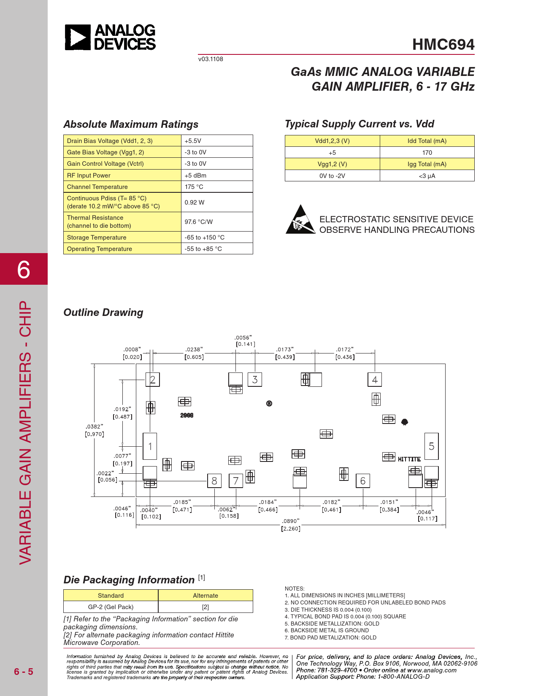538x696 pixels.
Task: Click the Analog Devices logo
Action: [x=110, y=37]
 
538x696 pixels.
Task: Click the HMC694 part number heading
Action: [x=443, y=45]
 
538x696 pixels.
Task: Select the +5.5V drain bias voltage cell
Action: [x=193, y=141]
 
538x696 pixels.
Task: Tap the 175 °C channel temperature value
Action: [x=194, y=187]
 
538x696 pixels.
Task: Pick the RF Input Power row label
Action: [x=89, y=175]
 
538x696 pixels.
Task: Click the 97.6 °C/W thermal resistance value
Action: [x=198, y=222]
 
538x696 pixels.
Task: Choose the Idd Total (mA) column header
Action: [x=427, y=141]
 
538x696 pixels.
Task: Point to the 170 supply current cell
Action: [x=427, y=153]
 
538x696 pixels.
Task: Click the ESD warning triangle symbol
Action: [x=300, y=220]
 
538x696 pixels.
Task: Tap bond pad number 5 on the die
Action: [x=431, y=446]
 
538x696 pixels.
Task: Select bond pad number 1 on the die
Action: [x=150, y=446]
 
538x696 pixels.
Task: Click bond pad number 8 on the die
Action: [x=214, y=481]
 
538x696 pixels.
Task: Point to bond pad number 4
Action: [x=375, y=380]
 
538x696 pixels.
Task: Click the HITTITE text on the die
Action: [x=409, y=459]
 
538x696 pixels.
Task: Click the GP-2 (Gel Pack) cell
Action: [x=111, y=607]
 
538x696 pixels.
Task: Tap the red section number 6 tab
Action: [x=24, y=269]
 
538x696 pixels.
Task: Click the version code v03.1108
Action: [x=211, y=59]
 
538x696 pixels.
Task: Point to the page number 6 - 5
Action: [x=24, y=672]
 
